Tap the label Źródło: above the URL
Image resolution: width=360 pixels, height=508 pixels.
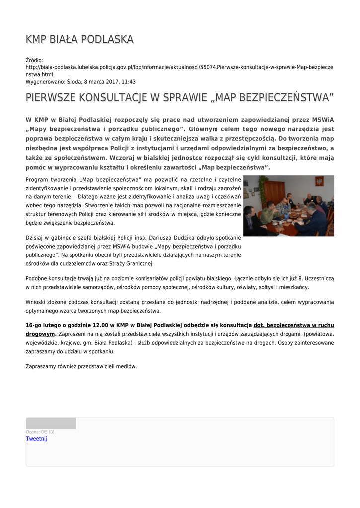[x=35, y=60]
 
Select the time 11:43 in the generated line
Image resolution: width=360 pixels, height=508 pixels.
[x=129, y=82]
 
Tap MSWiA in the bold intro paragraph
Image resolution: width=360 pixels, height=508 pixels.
[x=323, y=120]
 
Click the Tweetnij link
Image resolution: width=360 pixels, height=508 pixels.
[x=36, y=439]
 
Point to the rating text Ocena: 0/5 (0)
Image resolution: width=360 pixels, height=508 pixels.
[x=40, y=432]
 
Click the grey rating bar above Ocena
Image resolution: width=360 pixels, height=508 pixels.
[x=51, y=423]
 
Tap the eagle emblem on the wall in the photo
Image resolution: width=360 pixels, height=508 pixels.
[x=319, y=182]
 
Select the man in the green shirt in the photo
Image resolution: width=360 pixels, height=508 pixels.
[x=268, y=213]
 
